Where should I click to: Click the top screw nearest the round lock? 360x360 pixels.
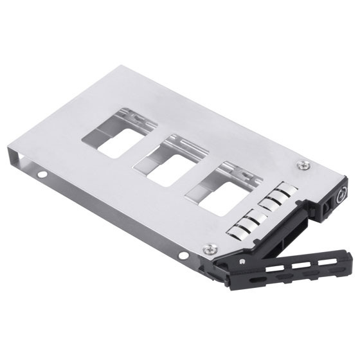click(x=300, y=165)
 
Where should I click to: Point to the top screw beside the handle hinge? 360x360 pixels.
click(x=208, y=248)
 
